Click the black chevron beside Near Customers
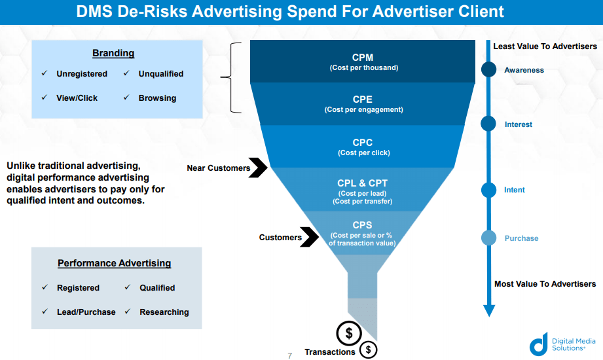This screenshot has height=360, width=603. [259, 168]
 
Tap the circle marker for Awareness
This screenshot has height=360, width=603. [488, 70]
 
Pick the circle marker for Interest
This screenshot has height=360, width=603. [488, 123]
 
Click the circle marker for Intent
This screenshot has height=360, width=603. [488, 190]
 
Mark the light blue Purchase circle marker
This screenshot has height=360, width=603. [488, 238]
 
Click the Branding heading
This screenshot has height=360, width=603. [113, 53]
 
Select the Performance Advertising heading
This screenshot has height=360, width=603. [115, 263]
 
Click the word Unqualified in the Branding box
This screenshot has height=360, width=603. [160, 74]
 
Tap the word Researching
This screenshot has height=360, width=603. [164, 312]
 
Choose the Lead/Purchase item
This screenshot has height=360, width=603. [86, 312]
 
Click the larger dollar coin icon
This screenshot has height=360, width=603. [349, 334]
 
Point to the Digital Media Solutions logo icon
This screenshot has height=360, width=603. [538, 344]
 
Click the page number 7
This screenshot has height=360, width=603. [290, 355]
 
